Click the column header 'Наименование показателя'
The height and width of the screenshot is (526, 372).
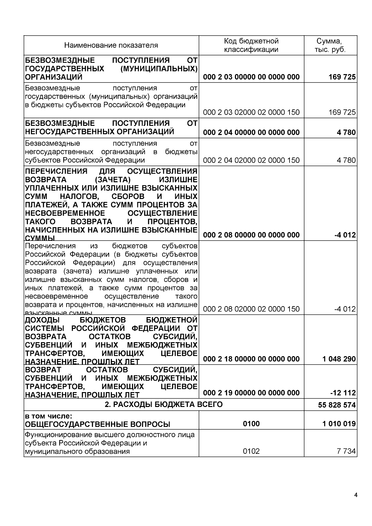pos(111,46)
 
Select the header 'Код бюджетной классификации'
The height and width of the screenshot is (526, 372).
pos(251,45)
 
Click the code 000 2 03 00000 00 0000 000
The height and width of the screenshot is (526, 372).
pos(251,77)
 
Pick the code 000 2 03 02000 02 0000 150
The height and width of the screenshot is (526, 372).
pos(251,112)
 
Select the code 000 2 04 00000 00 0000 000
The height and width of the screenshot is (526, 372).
pos(251,133)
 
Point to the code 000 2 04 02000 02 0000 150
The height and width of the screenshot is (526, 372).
pos(251,160)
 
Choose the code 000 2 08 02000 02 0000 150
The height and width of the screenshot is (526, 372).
pos(251,309)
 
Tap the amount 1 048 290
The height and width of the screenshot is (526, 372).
pos(339,359)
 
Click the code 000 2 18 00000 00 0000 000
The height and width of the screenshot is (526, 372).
pos(251,359)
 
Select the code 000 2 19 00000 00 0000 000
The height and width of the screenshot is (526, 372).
pos(251,393)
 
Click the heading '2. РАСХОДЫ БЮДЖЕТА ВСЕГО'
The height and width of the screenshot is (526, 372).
pos(164,404)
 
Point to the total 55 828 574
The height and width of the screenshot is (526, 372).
pos(337,405)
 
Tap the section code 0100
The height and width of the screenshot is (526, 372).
pos(251,424)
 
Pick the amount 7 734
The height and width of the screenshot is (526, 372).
pos(346,451)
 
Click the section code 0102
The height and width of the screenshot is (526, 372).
pos(251,451)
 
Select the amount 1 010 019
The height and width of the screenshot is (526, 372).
pos(339,424)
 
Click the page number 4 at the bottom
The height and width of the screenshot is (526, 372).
pos(356,495)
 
